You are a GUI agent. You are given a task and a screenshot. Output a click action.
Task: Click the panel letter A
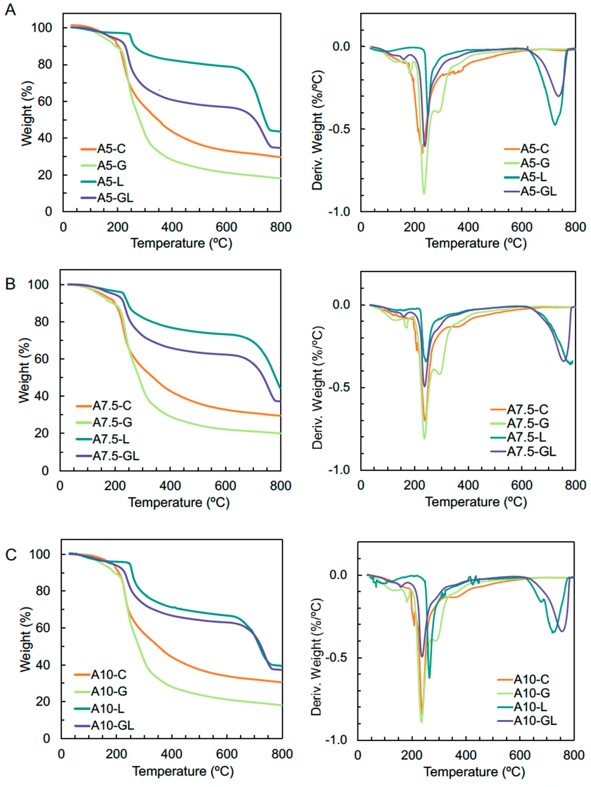[x=11, y=10]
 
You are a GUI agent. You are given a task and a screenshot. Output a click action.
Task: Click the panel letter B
[x=11, y=284]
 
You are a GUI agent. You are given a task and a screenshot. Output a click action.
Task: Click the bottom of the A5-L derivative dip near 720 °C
[x=555, y=124]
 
